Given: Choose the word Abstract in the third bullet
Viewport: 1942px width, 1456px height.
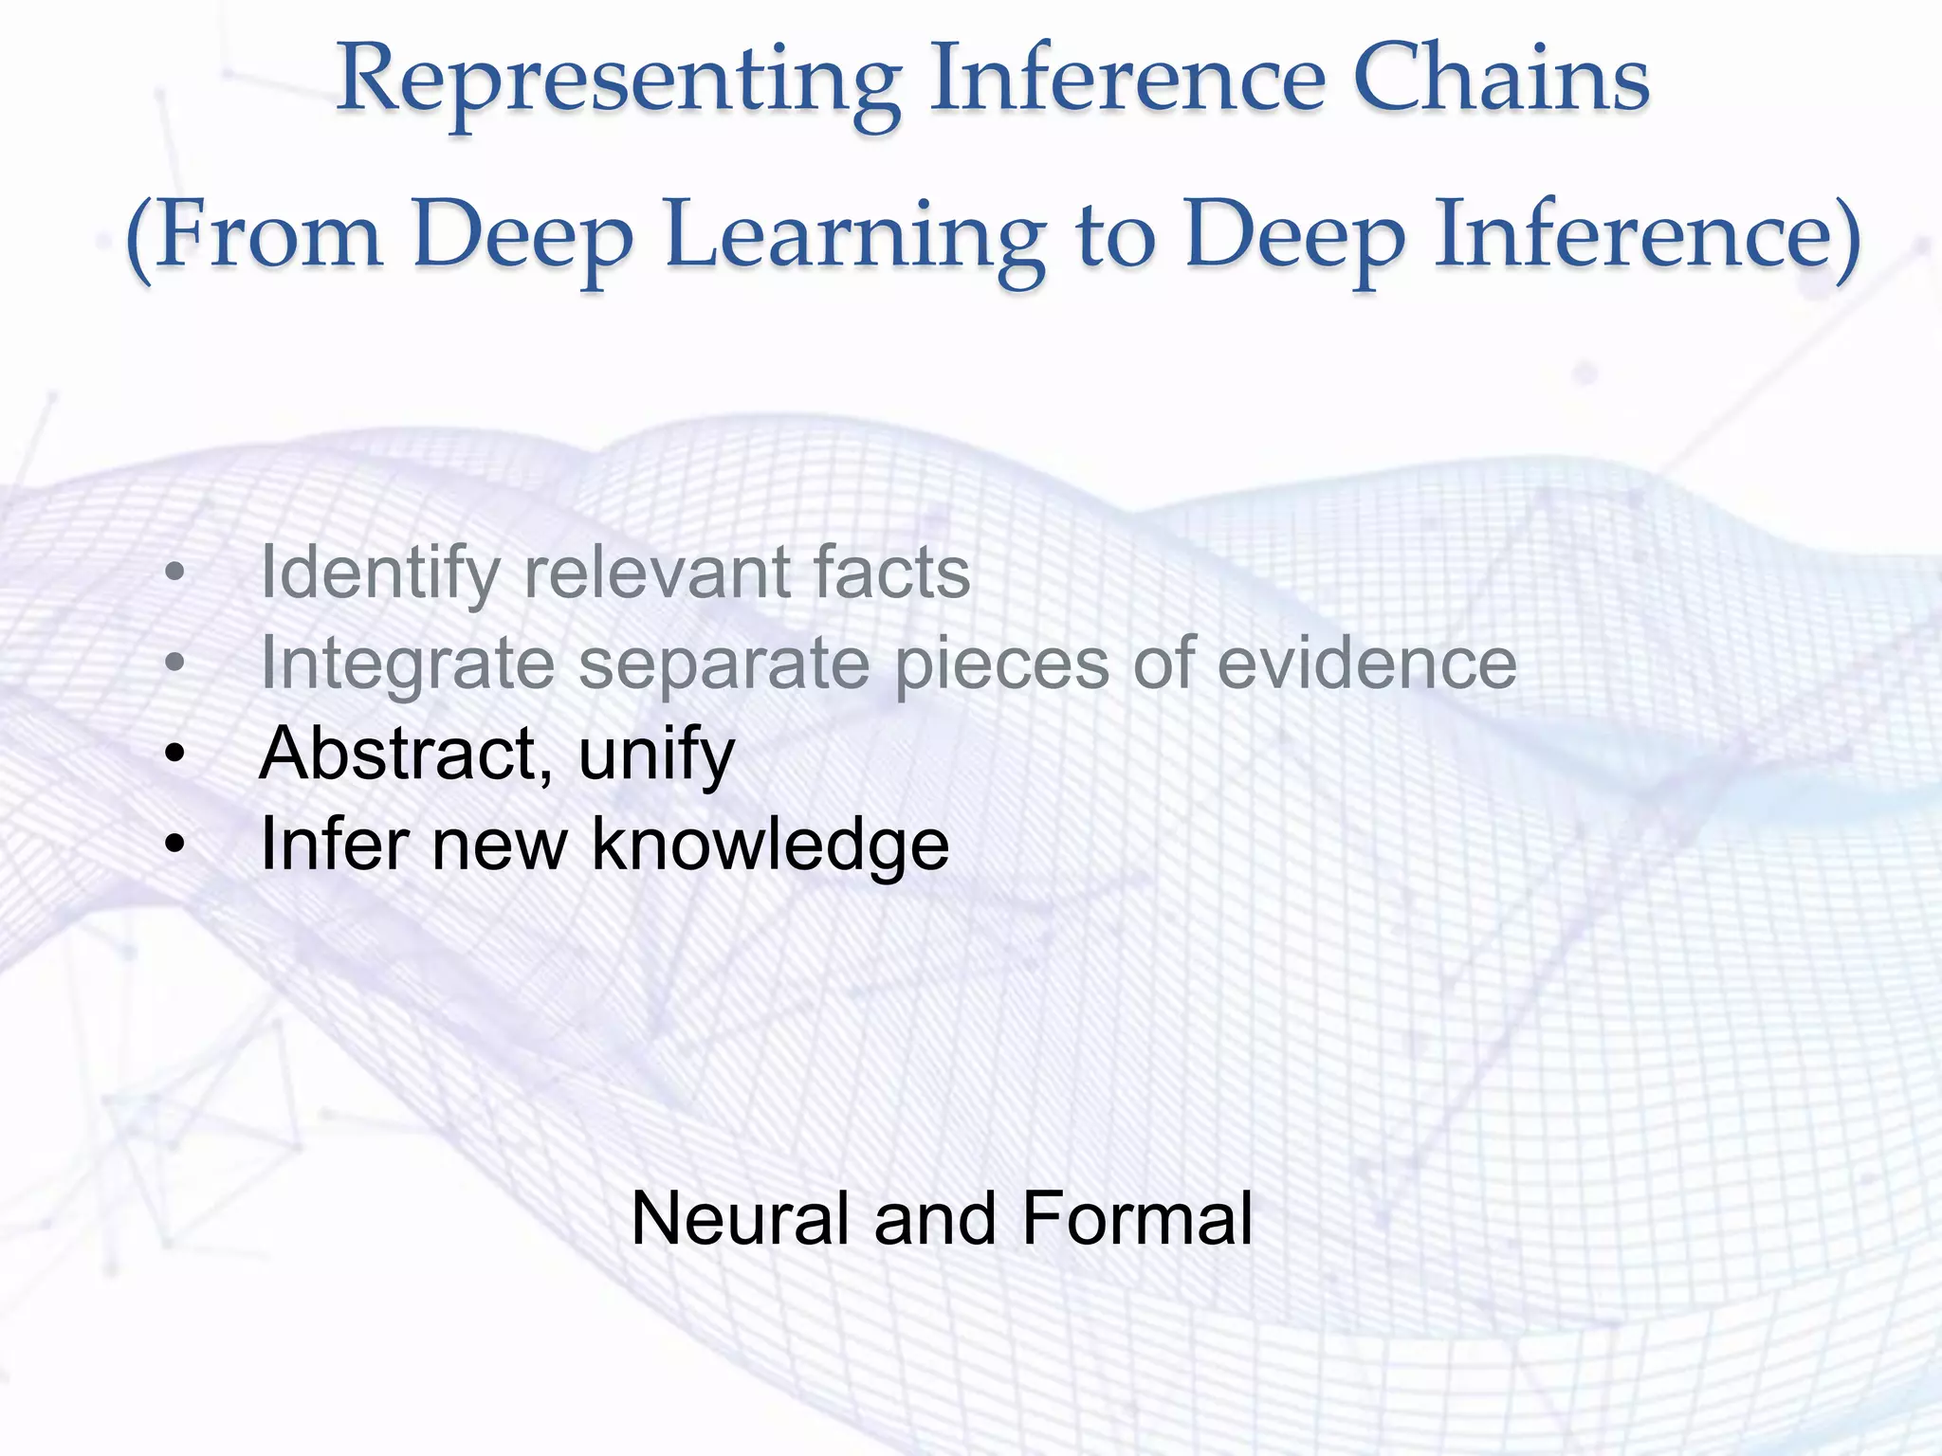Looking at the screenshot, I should pyautogui.click(x=399, y=755).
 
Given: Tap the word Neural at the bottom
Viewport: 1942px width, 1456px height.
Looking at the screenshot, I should pyautogui.click(x=740, y=1219).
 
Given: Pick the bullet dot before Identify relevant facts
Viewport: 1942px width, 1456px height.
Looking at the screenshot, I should pyautogui.click(x=174, y=574).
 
